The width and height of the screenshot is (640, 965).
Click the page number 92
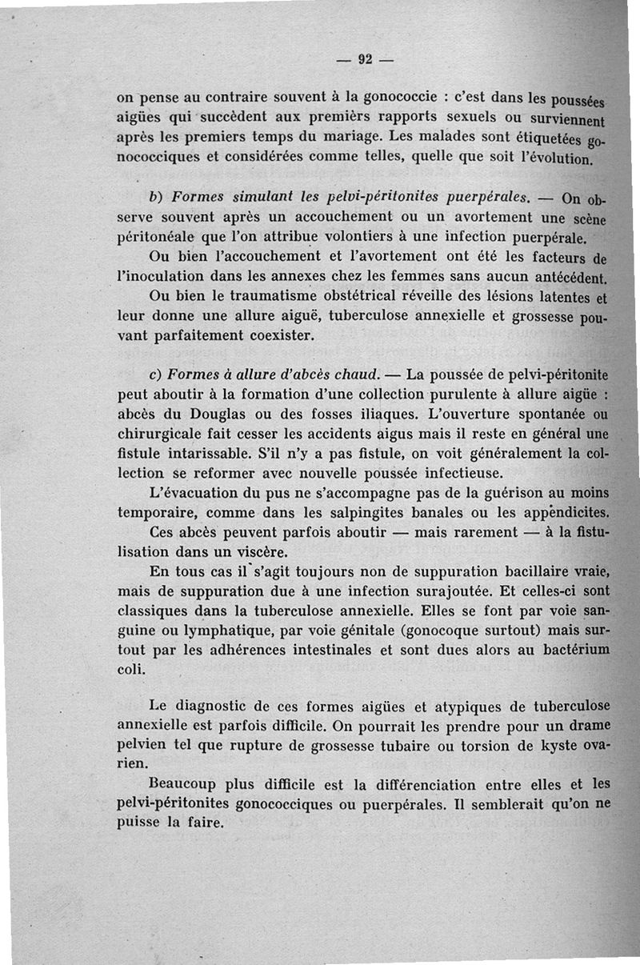pos(366,59)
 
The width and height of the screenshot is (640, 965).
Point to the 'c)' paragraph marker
pos(157,374)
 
